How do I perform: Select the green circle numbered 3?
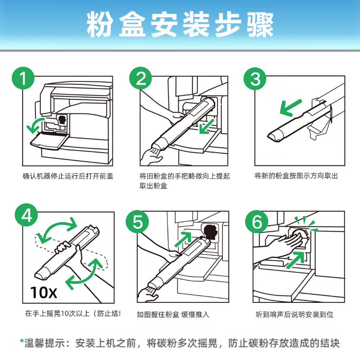pos(255,80)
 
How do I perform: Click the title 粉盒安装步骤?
pos(180,26)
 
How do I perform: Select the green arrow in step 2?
pos(208,126)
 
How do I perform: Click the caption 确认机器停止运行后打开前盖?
pos(67,176)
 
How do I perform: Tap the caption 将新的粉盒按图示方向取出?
pos(296,176)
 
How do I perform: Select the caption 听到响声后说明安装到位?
pos(295,314)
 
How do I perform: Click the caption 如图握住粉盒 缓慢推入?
pos(173,314)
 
